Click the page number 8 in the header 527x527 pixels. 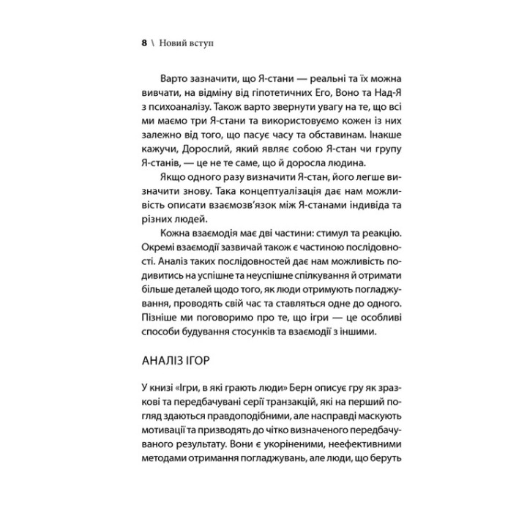[x=143, y=42]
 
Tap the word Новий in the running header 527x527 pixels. [x=176, y=42]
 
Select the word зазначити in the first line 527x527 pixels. [x=214, y=80]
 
